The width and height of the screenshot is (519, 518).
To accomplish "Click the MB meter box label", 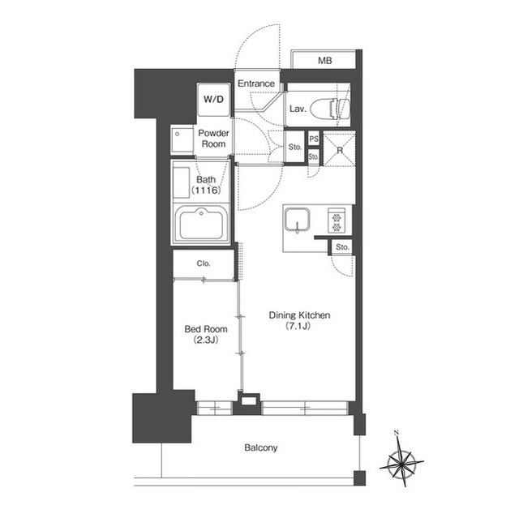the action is pyautogui.click(x=324, y=61).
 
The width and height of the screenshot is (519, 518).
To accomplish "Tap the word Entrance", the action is pyautogui.click(x=256, y=83).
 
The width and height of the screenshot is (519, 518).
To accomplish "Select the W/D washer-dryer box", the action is pyautogui.click(x=214, y=100).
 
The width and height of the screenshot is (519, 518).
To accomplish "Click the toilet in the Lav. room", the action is pyautogui.click(x=339, y=109).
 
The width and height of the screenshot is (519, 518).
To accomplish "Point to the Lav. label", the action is pyautogui.click(x=298, y=109).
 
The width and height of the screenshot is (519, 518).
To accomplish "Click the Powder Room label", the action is pyautogui.click(x=213, y=139).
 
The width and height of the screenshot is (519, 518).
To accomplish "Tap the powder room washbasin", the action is pyautogui.click(x=182, y=140).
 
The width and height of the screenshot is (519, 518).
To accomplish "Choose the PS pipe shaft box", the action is pyautogui.click(x=314, y=139).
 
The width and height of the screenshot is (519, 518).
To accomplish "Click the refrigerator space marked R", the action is pyautogui.click(x=339, y=149).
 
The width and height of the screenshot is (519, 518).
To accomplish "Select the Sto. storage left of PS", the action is pyautogui.click(x=294, y=147).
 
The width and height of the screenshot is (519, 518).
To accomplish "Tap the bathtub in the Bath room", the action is pyautogui.click(x=201, y=224).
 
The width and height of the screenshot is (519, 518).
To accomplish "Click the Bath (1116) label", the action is pyautogui.click(x=206, y=185).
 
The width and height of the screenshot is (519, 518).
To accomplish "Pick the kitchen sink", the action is pyautogui.click(x=298, y=219).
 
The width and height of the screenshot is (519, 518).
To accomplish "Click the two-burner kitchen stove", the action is pyautogui.click(x=337, y=220).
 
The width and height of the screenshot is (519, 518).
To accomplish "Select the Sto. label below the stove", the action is pyautogui.click(x=342, y=247).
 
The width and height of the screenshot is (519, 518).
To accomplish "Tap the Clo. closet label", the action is pyautogui.click(x=204, y=263).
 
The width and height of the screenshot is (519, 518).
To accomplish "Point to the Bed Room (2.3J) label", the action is pyautogui.click(x=206, y=335).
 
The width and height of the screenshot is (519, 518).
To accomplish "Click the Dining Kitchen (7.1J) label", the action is pyautogui.click(x=299, y=320).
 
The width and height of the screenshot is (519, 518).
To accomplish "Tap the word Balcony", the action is pyautogui.click(x=261, y=447).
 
